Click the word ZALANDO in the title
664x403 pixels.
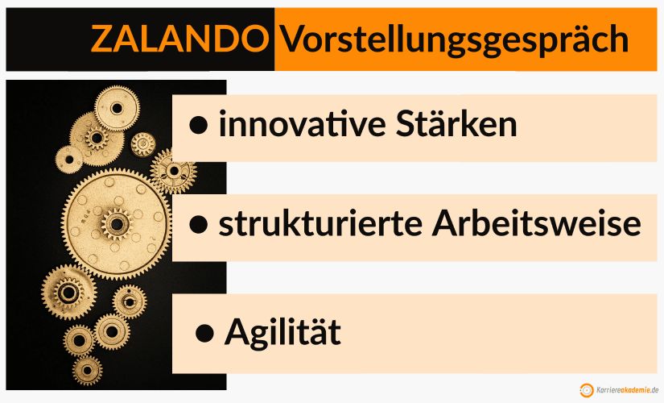(179, 38)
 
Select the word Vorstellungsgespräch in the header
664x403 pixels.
(455, 39)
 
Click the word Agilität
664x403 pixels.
(283, 332)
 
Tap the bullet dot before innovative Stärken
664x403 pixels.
(199, 125)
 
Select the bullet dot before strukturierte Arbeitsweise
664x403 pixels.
(199, 226)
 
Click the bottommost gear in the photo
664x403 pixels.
(87, 370)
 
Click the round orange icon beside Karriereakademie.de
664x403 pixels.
(587, 390)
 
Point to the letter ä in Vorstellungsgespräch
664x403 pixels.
(585, 39)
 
